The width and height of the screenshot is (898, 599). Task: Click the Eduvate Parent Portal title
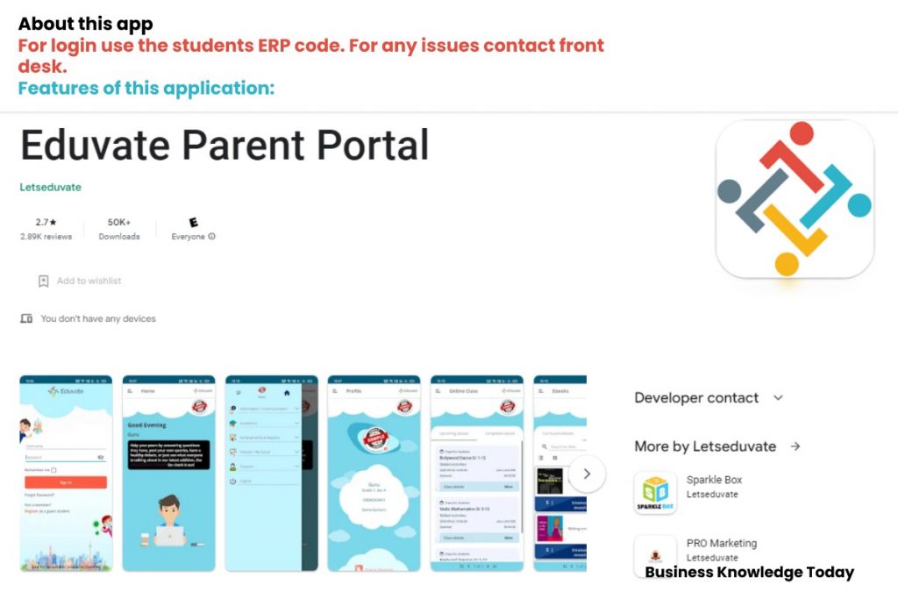point(224,146)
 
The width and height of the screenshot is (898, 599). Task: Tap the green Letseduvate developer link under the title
point(50,187)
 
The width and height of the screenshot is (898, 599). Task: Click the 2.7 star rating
point(46,223)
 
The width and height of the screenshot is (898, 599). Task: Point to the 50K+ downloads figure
point(119,223)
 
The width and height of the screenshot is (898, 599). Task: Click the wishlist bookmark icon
point(43,282)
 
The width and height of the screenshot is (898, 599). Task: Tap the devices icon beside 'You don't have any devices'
point(26,318)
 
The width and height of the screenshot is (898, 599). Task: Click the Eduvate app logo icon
point(795,199)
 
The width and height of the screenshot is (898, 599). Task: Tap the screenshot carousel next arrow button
point(587,474)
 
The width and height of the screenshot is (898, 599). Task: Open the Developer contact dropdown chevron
point(778,398)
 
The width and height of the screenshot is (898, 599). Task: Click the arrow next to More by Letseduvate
point(795,446)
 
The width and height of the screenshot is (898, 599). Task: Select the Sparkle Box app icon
point(655,493)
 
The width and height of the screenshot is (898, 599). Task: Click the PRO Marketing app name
point(721,543)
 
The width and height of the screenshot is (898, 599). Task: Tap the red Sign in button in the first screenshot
point(66,482)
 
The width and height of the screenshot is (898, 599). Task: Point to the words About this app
point(85,24)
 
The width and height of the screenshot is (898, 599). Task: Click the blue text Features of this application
point(146,89)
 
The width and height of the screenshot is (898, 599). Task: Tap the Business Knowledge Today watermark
point(749,573)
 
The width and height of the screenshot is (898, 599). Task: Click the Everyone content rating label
point(188,237)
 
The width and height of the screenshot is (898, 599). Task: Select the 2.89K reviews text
point(46,237)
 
